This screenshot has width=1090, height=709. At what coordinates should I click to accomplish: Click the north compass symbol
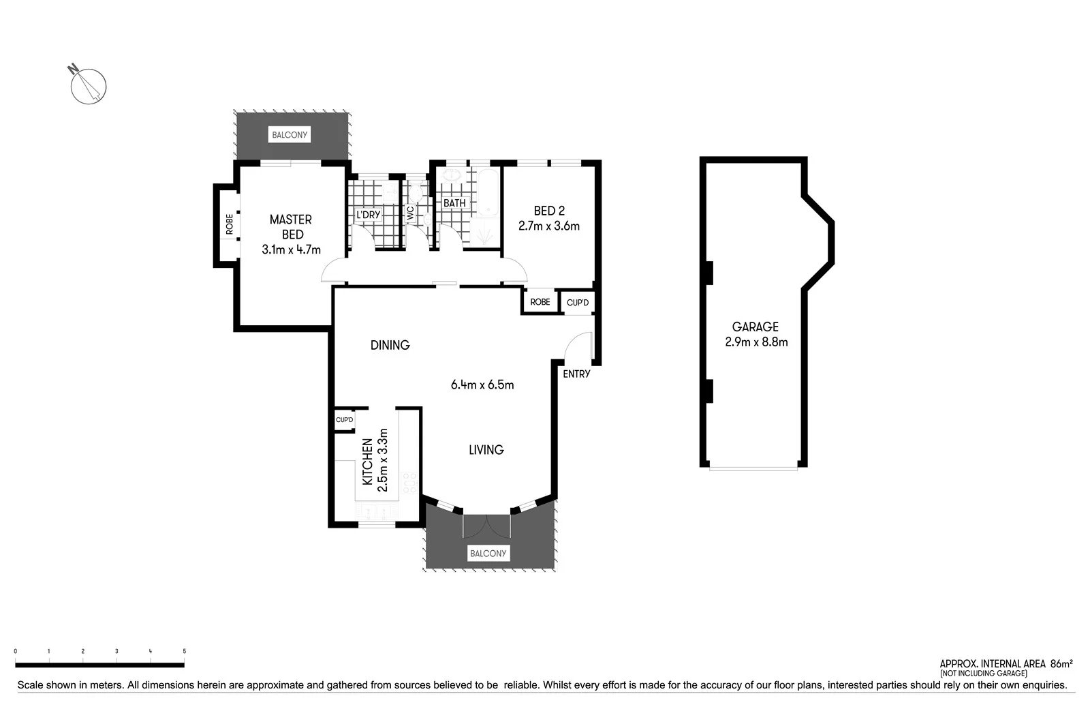[x=89, y=87]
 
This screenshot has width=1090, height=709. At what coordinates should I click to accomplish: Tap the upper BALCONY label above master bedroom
[x=290, y=135]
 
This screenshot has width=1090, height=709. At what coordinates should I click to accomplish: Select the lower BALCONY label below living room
[x=488, y=554]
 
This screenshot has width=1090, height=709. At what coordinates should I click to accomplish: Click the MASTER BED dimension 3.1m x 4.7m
[x=291, y=250]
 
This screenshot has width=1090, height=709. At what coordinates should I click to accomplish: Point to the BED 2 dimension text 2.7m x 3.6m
[x=548, y=226]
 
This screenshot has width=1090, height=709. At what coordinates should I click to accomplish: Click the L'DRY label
[x=369, y=215]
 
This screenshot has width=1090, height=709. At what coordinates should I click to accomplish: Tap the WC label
[x=410, y=213]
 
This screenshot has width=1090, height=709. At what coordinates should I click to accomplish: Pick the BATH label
[x=454, y=203]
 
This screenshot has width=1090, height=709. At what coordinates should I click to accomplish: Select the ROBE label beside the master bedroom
[x=230, y=224]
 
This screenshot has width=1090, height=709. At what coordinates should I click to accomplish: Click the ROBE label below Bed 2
[x=540, y=302]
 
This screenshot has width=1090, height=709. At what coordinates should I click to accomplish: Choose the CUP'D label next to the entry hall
[x=578, y=302]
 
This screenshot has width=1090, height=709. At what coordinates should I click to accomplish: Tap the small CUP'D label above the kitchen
[x=345, y=420]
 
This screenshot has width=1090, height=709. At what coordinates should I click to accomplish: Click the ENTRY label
[x=576, y=374]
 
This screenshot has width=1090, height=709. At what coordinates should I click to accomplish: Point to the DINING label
[x=390, y=346]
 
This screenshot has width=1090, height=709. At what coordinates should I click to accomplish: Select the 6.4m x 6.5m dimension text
[x=482, y=385]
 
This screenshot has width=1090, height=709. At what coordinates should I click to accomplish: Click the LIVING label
[x=486, y=450]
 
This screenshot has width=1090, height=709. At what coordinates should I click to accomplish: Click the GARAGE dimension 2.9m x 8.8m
[x=756, y=342]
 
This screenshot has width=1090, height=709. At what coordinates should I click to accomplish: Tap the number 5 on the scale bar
[x=184, y=652]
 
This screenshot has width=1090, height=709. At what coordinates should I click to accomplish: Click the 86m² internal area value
[x=1061, y=663]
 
